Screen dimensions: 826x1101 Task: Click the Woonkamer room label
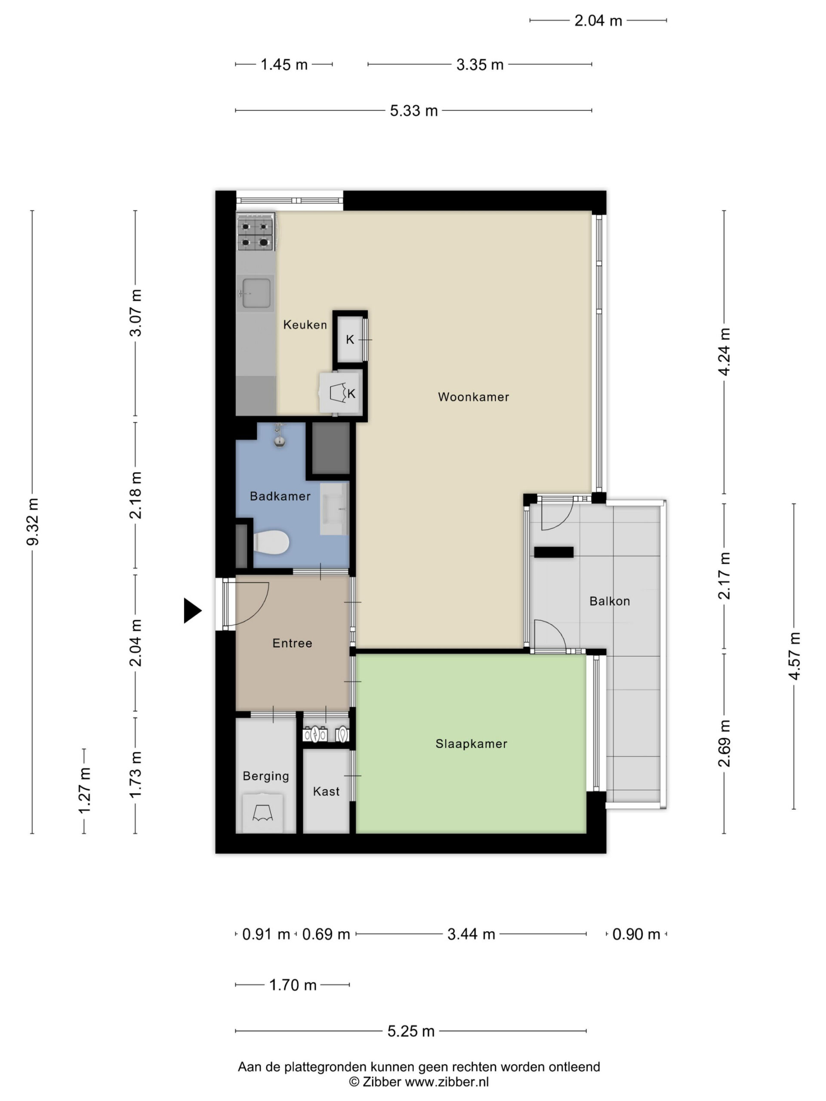[473, 397]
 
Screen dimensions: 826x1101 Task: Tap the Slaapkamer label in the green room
[471, 744]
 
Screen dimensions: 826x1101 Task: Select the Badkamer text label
[280, 496]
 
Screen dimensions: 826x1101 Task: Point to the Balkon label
[610, 601]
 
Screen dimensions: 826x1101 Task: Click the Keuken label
[305, 325]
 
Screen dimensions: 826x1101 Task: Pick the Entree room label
[292, 643]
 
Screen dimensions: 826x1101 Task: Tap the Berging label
[266, 776]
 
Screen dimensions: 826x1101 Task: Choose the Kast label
[326, 791]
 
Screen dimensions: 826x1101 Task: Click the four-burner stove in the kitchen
[256, 233]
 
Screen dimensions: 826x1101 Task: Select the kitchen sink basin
[256, 293]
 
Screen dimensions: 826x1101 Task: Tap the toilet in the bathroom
[271, 542]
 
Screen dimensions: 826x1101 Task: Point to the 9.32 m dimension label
[32, 521]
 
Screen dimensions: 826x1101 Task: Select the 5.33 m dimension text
[413, 111]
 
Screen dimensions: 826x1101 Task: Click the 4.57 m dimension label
[794, 655]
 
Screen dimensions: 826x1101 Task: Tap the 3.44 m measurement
[471, 934]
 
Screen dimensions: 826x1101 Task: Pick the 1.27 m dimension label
[84, 791]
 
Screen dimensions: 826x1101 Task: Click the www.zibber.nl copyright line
[419, 1082]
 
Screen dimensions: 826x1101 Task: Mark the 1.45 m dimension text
[284, 65]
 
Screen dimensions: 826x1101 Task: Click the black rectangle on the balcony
[554, 551]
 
